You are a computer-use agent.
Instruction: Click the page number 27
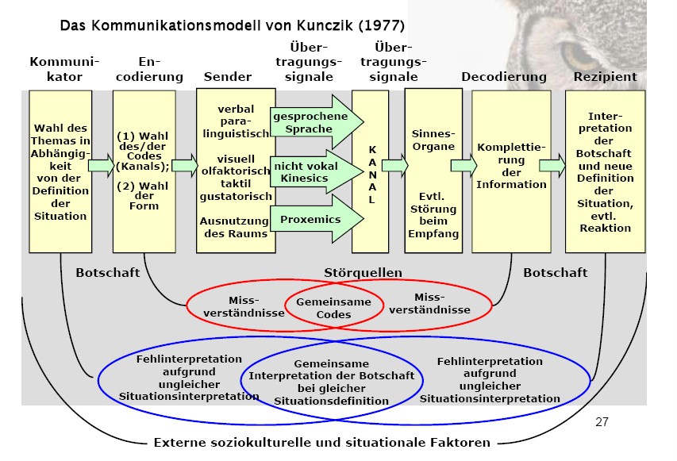coord(602,421)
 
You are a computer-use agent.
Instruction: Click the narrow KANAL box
coord(371,171)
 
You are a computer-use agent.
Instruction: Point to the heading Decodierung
coord(504,77)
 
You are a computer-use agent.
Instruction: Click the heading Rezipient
coord(605,77)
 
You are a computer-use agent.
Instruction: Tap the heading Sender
coord(228,77)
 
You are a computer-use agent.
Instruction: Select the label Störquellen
coord(363,273)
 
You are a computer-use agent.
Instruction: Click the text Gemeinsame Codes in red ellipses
coord(323,308)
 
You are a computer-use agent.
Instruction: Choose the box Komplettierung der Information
coord(512,166)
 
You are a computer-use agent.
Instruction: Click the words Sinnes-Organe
coord(433,140)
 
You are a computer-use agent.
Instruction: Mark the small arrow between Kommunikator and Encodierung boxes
coord(100,166)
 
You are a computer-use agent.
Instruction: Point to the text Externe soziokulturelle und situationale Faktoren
coord(321,442)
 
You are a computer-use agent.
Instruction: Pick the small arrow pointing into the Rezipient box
coord(552,166)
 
